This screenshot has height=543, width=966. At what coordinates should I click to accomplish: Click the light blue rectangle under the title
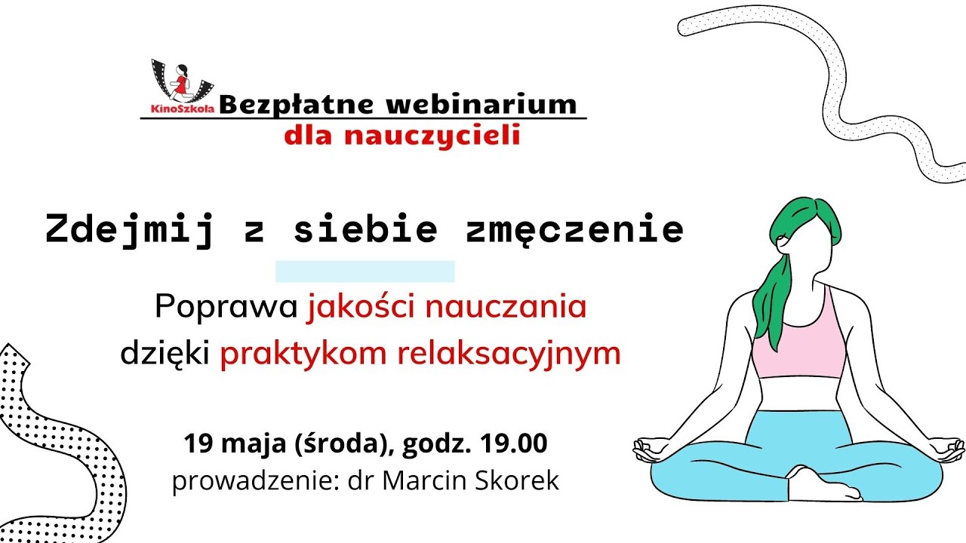click(365, 271)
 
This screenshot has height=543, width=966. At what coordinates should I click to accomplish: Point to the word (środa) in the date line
click(349, 443)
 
